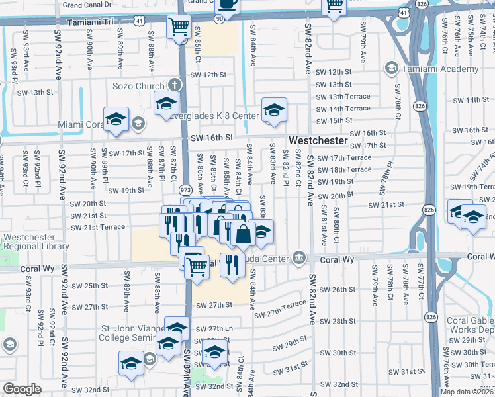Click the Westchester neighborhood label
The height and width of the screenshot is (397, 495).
tap(318, 141)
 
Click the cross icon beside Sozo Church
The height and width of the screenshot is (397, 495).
tap(174, 85)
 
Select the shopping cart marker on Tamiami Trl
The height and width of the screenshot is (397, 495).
tap(179, 28)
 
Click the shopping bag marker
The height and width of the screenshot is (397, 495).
tap(244, 234)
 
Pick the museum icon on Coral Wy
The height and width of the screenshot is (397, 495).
tap(299, 257)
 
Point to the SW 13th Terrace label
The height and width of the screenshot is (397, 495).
tap(343, 97)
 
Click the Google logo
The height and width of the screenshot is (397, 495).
tap(22, 389)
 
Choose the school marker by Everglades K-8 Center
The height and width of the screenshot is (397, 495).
tap(274, 110)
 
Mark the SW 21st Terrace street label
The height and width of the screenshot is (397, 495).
tap(98, 227)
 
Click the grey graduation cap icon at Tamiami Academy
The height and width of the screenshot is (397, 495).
tap(392, 69)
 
